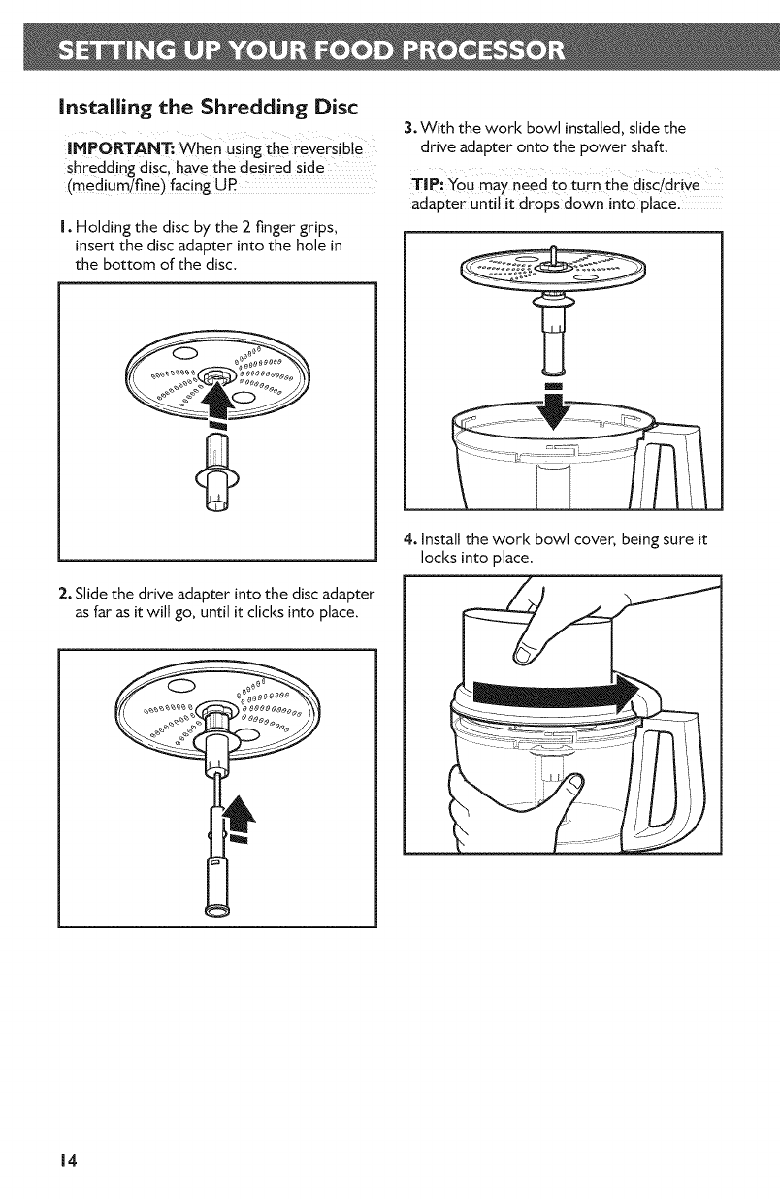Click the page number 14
click(69, 1158)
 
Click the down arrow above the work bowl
click(554, 406)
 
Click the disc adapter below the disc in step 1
click(216, 472)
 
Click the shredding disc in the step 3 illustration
click(553, 267)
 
